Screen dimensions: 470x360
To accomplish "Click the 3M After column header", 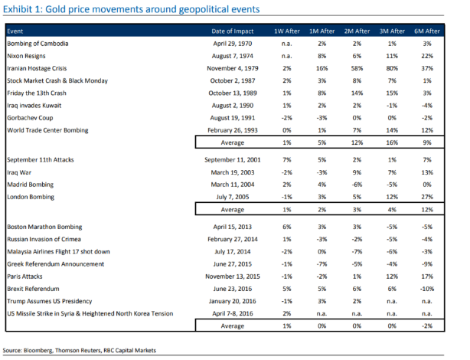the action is (x=392, y=31).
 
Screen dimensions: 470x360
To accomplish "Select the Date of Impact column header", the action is (x=232, y=31).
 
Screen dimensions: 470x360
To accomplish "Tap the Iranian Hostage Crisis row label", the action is (x=37, y=68).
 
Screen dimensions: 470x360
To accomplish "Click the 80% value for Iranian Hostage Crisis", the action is (x=392, y=68).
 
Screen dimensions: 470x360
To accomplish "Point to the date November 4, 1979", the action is (x=232, y=68).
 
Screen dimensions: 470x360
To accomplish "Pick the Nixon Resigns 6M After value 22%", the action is (x=427, y=56).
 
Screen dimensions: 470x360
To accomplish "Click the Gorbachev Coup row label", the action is (x=30, y=118).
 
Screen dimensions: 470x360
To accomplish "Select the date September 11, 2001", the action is (x=232, y=160).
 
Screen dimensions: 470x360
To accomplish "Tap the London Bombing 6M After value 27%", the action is (x=427, y=197).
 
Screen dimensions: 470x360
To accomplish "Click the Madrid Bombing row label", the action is (x=31, y=185).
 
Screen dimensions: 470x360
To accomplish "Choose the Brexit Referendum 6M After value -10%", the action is (x=427, y=289).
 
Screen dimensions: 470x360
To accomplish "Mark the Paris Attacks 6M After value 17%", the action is (x=427, y=277).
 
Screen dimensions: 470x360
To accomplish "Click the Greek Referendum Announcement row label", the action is (x=55, y=264).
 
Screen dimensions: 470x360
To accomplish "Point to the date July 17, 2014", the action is (x=232, y=252).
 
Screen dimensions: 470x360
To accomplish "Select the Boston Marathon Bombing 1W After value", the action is (x=287, y=227).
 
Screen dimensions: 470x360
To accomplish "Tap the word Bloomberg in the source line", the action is (x=38, y=350).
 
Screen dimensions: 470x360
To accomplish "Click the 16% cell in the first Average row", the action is (x=392, y=142).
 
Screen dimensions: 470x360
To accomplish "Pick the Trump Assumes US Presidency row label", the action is (x=50, y=301).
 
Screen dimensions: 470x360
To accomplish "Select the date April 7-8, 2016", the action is (x=232, y=313).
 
